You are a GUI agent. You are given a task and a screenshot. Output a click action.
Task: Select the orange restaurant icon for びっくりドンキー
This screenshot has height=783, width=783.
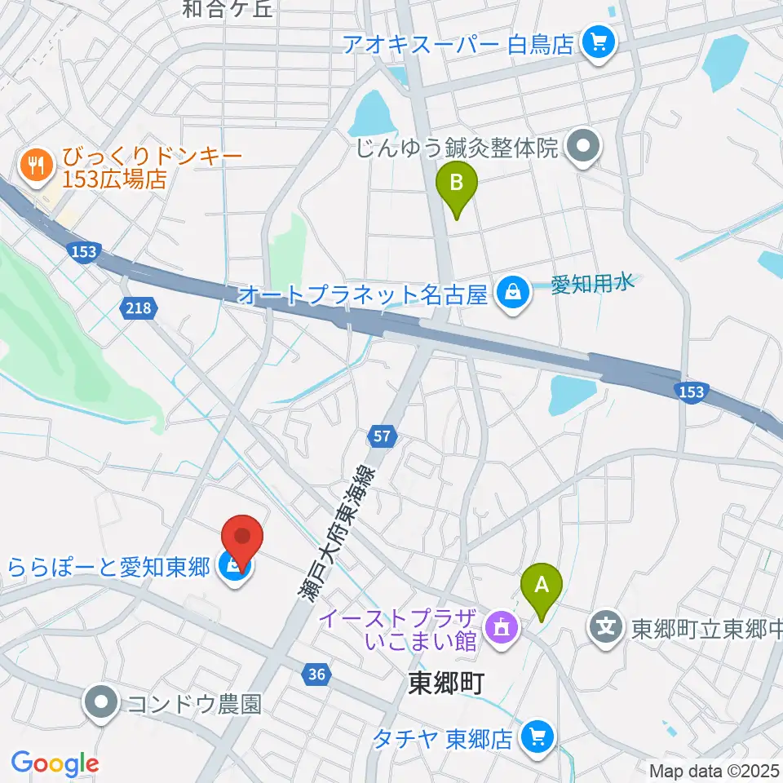tap(36, 166)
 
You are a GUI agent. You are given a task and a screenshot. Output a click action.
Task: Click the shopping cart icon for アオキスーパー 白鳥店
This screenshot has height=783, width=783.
tap(598, 43)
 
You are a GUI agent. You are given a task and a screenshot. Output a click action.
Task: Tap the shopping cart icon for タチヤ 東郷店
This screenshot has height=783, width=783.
tap(537, 737)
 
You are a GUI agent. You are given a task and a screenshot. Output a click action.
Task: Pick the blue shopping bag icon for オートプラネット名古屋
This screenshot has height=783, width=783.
tap(513, 292)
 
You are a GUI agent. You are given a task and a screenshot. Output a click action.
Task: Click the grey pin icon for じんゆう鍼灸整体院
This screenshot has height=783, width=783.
tap(584, 148)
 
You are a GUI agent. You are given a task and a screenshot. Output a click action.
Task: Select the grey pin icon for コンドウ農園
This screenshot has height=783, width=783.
tap(102, 702)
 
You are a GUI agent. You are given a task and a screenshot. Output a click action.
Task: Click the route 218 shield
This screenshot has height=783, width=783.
tap(138, 307)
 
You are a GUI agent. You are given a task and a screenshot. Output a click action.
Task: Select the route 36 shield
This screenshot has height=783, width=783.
tap(316, 674)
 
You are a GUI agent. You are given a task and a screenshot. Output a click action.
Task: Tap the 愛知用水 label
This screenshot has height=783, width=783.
tap(592, 284)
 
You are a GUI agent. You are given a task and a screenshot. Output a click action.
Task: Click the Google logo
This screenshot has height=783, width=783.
tap(55, 763)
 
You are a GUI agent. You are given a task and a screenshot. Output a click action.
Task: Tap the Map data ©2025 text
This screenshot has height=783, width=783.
tap(714, 771)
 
